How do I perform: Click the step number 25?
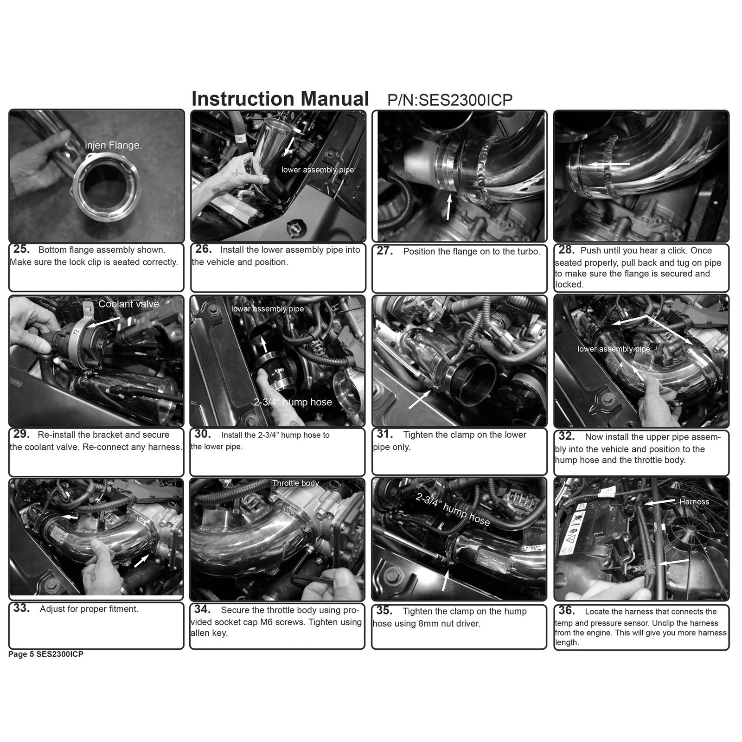click(21, 249)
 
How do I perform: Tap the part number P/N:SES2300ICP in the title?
click(449, 100)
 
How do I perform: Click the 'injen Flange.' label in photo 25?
click(113, 145)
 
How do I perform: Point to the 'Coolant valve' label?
click(128, 304)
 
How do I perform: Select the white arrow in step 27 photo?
click(448, 207)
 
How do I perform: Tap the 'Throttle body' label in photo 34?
click(295, 483)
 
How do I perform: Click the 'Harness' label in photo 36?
click(694, 502)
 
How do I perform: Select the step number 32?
click(567, 436)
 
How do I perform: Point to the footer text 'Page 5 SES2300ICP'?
click(45, 654)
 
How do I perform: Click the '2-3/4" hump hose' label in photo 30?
click(293, 402)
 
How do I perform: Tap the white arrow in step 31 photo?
click(419, 399)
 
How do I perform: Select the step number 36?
click(567, 610)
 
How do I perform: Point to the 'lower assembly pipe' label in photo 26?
click(317, 170)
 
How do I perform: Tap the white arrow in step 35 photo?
click(445, 580)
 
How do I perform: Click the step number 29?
click(21, 434)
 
